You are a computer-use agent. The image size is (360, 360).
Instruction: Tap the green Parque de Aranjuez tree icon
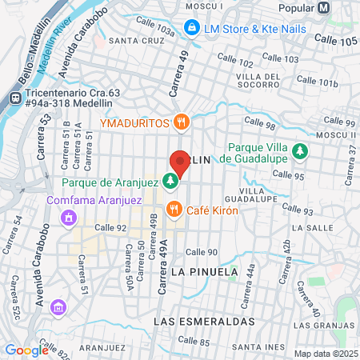click(x=170, y=182)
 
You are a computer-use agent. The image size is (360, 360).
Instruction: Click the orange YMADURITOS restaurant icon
click(x=182, y=122)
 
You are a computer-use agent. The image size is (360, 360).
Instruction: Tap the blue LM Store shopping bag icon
click(x=191, y=28)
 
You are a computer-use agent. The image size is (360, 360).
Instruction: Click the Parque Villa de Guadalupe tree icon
click(x=300, y=150)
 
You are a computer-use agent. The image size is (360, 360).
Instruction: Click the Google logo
click(x=26, y=350)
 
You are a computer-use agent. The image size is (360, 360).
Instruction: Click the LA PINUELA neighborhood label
click(x=205, y=271)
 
